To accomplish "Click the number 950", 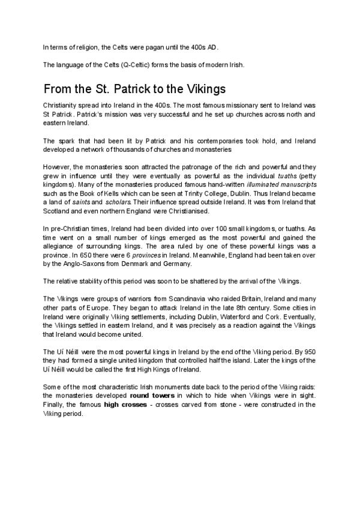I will tap(308, 351).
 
